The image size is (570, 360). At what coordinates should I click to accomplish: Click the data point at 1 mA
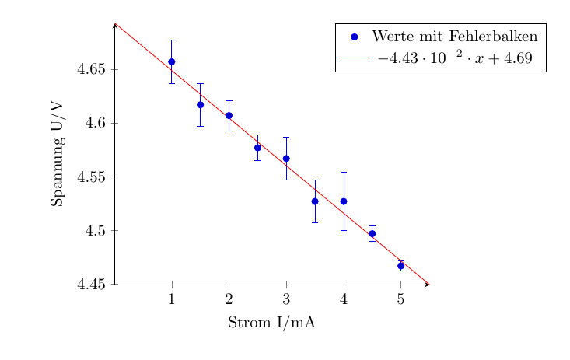[x=172, y=61]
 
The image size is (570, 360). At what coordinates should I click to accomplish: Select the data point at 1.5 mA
[x=200, y=104]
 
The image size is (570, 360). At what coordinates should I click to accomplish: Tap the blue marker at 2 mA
[x=229, y=115]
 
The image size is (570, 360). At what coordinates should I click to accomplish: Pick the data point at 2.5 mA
[x=257, y=147]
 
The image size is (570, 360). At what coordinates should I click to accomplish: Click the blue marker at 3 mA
[x=286, y=158]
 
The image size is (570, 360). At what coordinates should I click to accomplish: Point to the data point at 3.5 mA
[x=315, y=201]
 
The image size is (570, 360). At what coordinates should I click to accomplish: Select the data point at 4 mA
[x=344, y=201]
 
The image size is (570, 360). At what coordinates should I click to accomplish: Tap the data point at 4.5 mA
[x=372, y=233]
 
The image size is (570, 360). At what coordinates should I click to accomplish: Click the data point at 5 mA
[x=401, y=266]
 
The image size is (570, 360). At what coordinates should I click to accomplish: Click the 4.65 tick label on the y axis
[x=93, y=70]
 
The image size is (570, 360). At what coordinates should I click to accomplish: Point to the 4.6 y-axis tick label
[x=96, y=124]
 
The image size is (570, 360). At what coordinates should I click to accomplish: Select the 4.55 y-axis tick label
[x=93, y=177]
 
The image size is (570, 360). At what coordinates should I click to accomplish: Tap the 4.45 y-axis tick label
[x=93, y=285]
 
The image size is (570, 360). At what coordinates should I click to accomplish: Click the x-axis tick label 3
[x=286, y=300]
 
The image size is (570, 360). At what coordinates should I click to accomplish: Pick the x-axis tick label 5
[x=401, y=300]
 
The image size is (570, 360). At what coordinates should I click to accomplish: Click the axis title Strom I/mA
[x=271, y=323]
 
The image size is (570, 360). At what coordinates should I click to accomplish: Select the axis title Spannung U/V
[x=57, y=154]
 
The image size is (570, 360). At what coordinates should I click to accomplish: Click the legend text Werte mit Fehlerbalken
[x=455, y=37]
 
